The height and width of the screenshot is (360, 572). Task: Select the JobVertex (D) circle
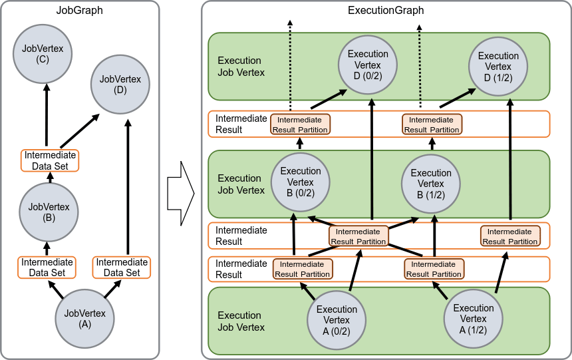[x=120, y=84]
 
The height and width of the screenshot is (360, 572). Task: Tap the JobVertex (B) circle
[x=49, y=212]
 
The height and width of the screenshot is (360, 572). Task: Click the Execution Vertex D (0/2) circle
[x=368, y=65]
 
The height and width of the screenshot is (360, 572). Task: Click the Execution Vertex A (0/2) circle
[x=337, y=320]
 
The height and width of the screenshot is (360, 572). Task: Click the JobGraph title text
[x=79, y=10]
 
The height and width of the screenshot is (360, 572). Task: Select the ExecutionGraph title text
[x=386, y=11]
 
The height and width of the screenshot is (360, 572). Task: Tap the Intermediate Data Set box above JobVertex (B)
[x=50, y=160]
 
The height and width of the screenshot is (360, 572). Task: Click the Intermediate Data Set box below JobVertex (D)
[x=122, y=268]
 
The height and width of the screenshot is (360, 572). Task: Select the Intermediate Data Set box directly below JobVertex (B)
[x=47, y=268]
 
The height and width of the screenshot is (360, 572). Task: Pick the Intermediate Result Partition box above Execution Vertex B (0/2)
[x=301, y=124]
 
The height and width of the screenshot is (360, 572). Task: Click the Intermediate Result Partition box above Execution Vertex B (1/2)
[x=432, y=124]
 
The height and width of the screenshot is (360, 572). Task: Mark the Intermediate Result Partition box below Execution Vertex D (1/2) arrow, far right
[x=510, y=236]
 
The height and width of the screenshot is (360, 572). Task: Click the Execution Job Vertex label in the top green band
[x=241, y=67]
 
